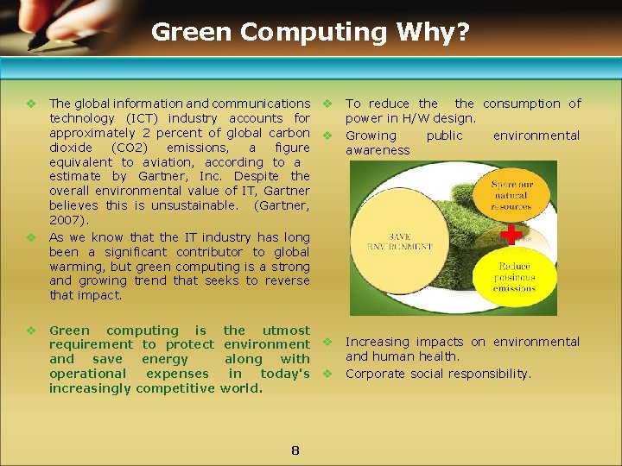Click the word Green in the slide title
click(192, 33)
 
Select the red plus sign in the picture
click(511, 234)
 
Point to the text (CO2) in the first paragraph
click(130, 148)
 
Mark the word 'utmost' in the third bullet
click(285, 331)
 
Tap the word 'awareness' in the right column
click(378, 150)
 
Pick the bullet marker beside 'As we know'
click(30, 237)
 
